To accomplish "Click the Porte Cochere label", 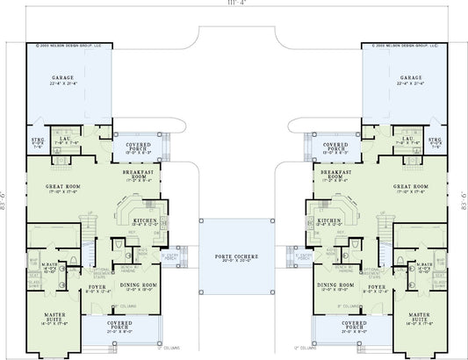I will [234, 256].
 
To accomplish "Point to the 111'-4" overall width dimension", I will [234, 4].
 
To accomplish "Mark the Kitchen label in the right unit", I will [328, 220].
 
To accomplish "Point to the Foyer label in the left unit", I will [97, 286].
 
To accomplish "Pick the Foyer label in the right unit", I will [378, 286].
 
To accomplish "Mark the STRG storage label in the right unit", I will [434, 140].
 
